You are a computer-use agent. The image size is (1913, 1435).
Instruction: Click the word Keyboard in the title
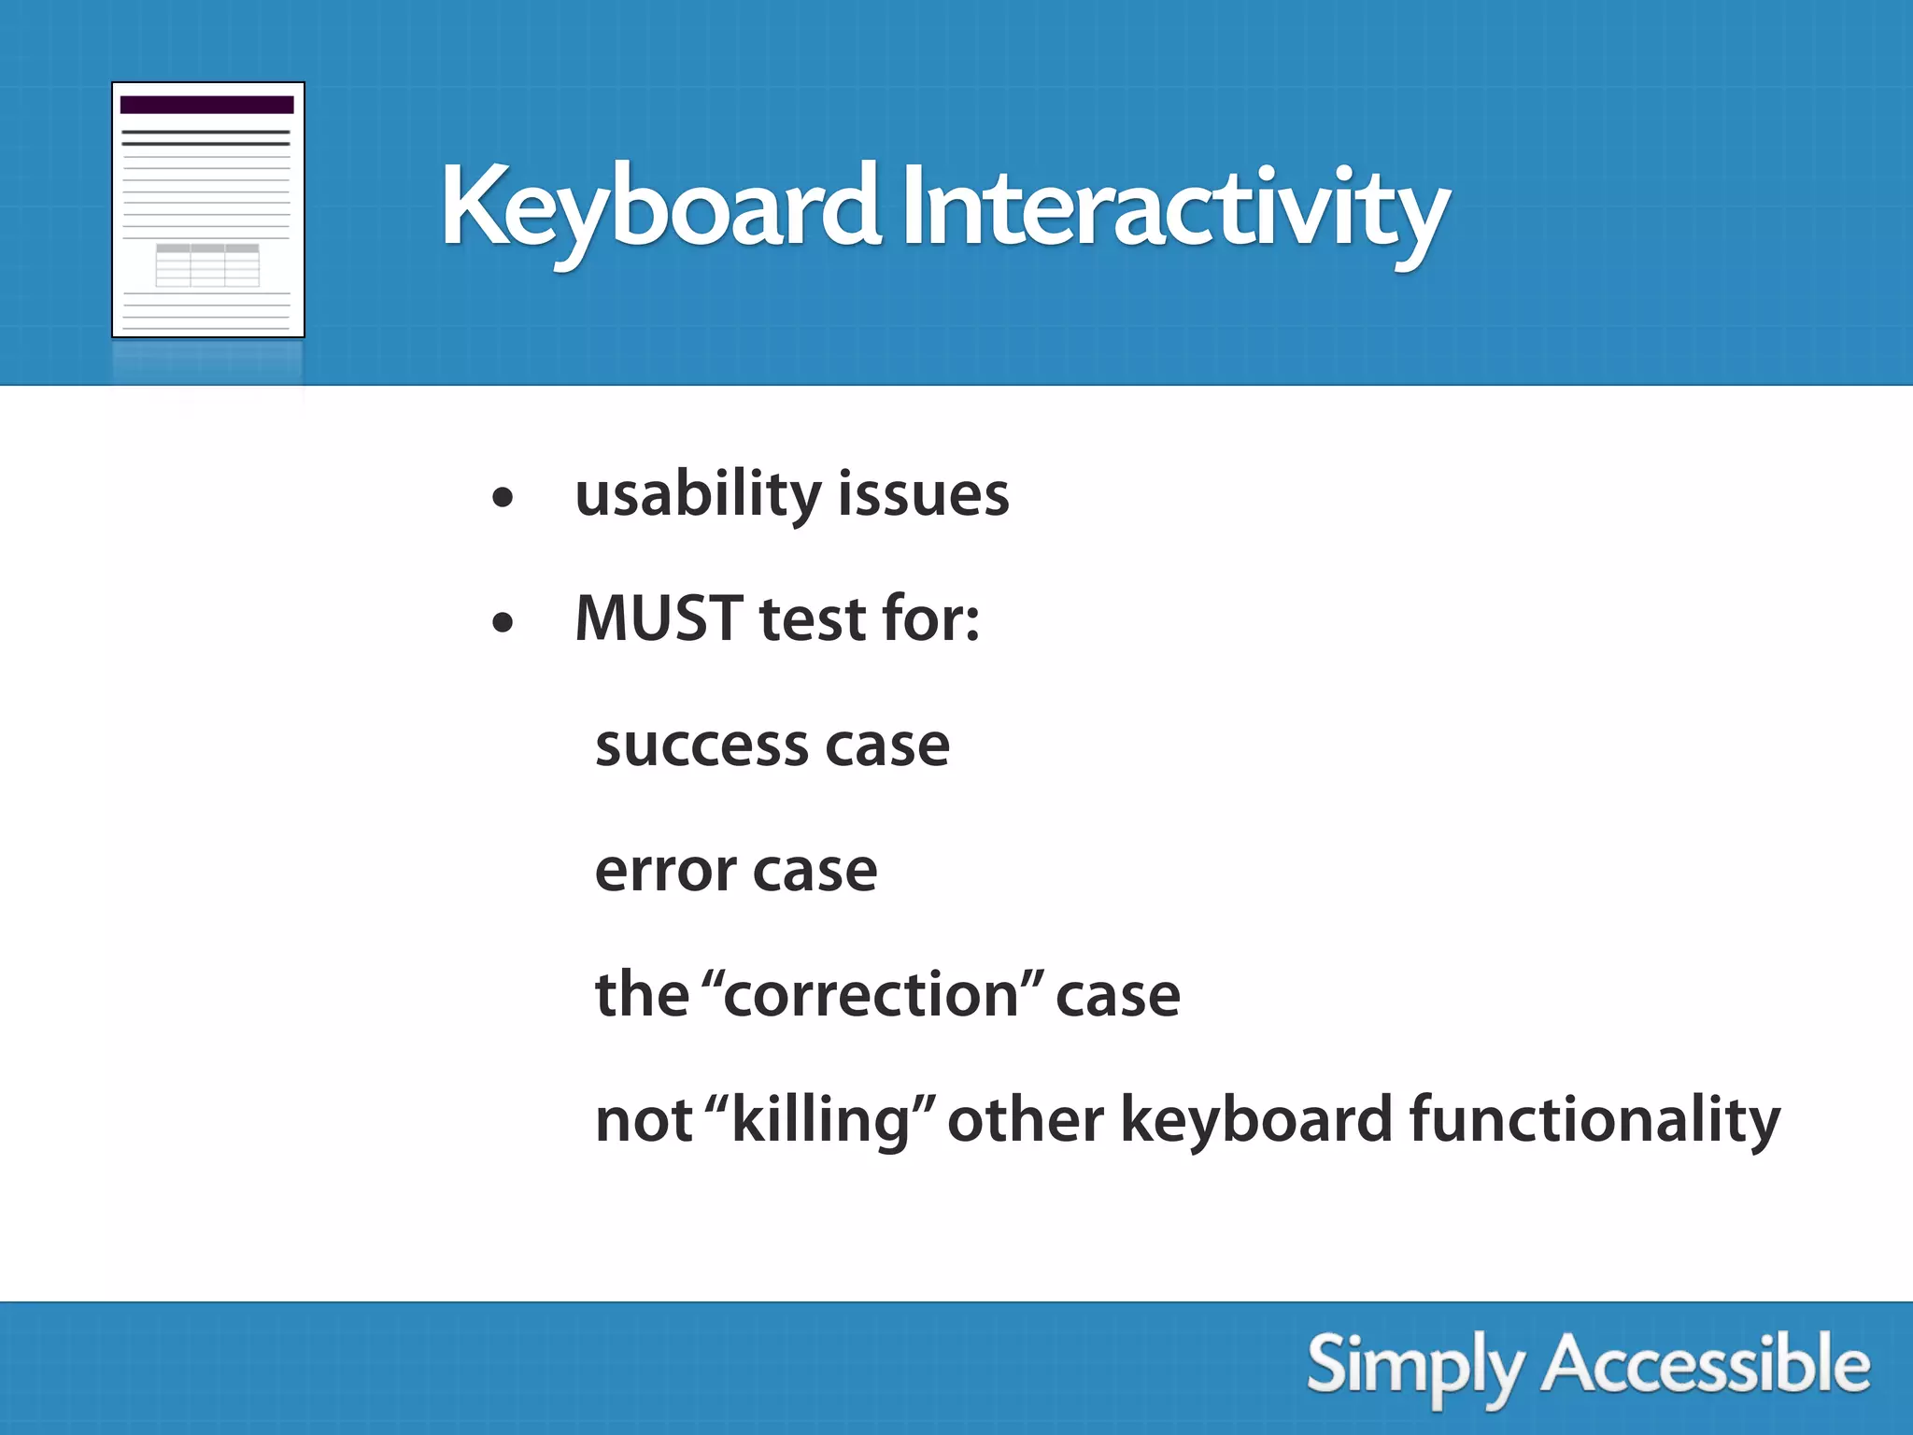(x=659, y=207)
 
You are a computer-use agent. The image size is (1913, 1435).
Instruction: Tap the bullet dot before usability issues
(x=503, y=498)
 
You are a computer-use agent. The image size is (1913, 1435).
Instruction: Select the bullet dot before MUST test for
(x=503, y=622)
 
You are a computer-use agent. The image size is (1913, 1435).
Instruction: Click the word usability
(x=697, y=495)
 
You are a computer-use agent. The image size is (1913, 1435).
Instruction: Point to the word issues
(x=923, y=495)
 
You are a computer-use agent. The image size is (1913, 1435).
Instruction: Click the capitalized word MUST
(x=659, y=618)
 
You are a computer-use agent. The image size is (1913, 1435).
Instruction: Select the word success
(x=701, y=747)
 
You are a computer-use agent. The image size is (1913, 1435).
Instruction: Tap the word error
(x=665, y=872)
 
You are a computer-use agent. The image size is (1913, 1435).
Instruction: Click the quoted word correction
(x=871, y=995)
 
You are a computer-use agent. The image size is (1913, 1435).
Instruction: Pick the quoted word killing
(x=820, y=1119)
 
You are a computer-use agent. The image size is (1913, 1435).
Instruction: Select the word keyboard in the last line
(x=1255, y=1119)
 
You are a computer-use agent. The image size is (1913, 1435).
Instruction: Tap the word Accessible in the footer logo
(x=1706, y=1364)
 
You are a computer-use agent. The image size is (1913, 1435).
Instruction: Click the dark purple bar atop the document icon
(x=206, y=105)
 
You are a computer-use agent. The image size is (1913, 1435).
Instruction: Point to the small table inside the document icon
(x=207, y=265)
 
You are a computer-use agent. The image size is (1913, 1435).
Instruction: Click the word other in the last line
(x=1025, y=1119)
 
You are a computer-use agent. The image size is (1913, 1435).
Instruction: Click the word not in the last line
(x=643, y=1119)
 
